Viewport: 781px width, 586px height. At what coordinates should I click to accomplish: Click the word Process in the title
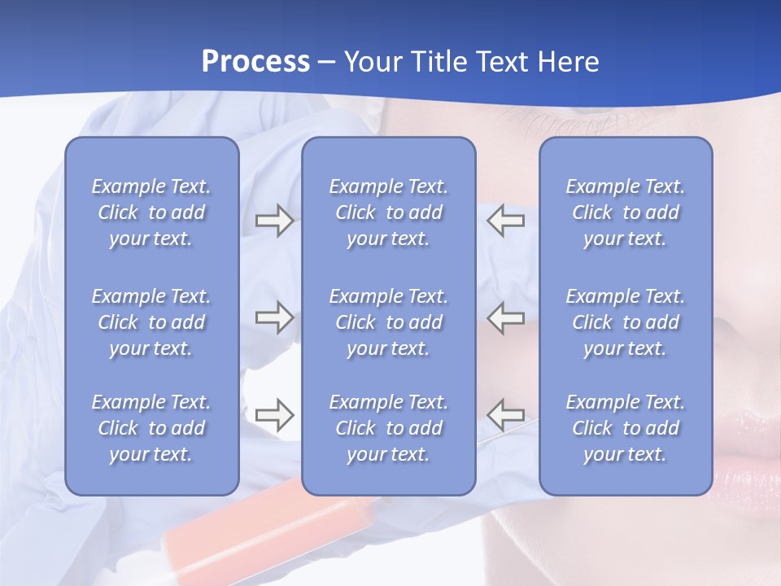(255, 62)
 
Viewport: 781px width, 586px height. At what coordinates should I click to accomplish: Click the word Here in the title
(569, 62)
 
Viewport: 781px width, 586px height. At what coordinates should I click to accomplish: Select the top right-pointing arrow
(274, 221)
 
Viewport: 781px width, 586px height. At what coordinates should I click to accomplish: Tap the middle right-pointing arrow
(274, 317)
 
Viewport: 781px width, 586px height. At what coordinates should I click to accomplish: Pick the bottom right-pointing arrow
(274, 415)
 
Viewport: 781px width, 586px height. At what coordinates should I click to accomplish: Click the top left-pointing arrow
(506, 221)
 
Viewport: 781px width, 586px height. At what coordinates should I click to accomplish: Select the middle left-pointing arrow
(506, 317)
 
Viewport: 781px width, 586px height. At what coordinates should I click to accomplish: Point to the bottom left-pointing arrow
(506, 415)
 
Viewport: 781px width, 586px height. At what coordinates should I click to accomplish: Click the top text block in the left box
(151, 212)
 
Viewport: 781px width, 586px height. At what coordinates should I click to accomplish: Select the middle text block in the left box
(151, 322)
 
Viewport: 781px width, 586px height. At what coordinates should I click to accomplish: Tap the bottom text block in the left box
(151, 428)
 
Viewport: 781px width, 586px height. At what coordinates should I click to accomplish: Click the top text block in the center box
(388, 212)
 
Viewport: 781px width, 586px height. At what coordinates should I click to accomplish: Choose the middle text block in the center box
(388, 322)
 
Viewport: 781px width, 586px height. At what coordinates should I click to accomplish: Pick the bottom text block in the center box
(388, 428)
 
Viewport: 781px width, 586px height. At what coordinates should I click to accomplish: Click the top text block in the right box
(625, 212)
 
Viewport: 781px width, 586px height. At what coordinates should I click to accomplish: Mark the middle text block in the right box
(625, 322)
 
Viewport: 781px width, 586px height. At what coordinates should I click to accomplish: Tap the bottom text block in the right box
(625, 428)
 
